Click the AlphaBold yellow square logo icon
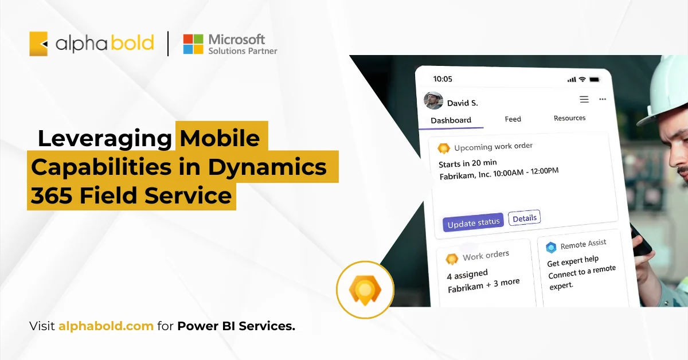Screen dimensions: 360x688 38,44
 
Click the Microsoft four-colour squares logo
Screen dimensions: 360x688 193,44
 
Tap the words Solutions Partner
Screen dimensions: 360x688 243,51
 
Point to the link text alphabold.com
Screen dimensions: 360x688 105,326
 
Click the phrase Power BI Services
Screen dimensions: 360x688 236,326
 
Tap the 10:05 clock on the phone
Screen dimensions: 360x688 443,79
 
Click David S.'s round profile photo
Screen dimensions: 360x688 433,100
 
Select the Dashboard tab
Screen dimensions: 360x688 451,120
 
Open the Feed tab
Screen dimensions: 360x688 513,119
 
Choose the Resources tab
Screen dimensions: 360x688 569,118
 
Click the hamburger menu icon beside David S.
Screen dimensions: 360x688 584,99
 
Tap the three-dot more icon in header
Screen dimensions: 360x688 602,99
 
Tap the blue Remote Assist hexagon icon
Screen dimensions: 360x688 551,247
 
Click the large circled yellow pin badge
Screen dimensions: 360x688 365,289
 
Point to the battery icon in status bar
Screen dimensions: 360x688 595,79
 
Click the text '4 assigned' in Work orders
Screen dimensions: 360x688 467,275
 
